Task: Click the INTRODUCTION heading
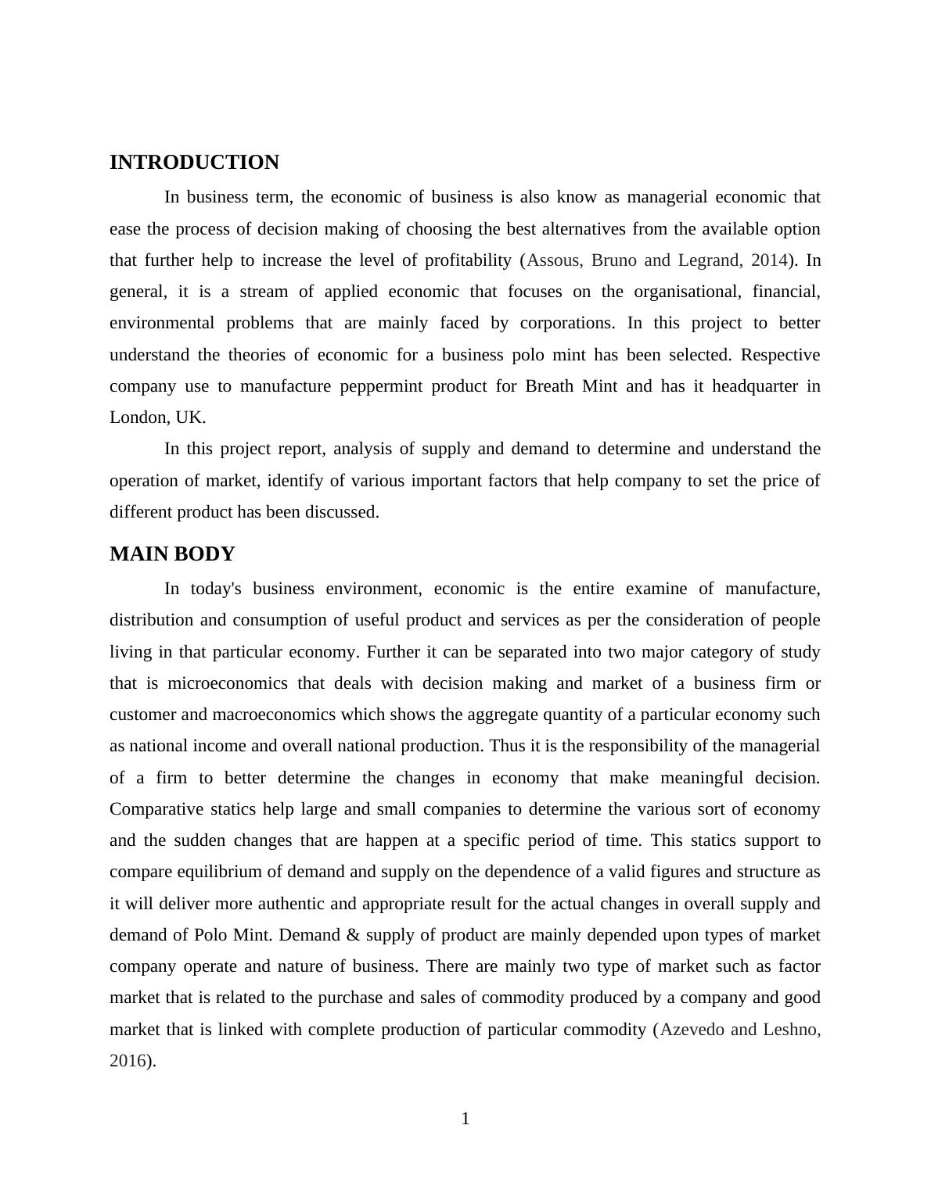pos(194,163)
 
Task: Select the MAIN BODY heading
pos(172,554)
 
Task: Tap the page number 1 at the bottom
pos(465,1119)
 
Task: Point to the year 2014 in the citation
pos(767,260)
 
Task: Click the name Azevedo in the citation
pos(692,1030)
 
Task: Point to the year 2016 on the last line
pos(128,1061)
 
